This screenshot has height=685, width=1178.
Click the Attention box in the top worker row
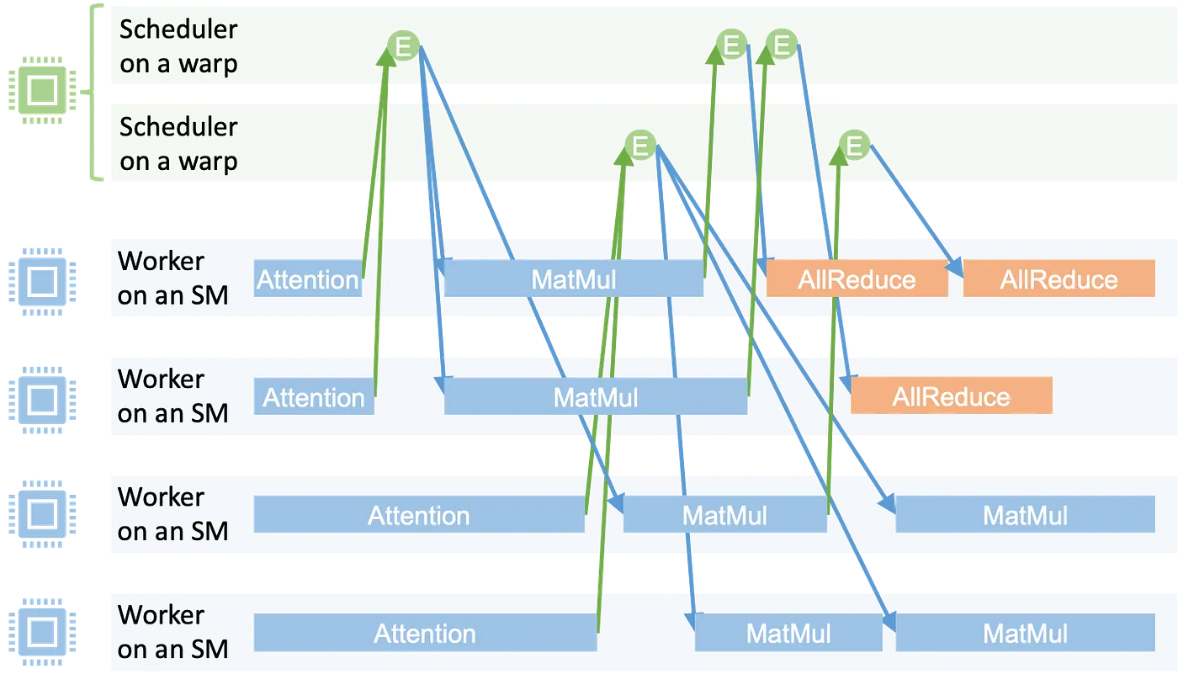pos(308,279)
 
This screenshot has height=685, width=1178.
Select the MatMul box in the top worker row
pos(574,279)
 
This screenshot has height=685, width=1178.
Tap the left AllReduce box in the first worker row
pos(857,279)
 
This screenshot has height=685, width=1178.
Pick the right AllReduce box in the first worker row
pos(1059,279)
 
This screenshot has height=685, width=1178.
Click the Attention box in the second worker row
pos(314,397)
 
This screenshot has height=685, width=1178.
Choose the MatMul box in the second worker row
pos(596,397)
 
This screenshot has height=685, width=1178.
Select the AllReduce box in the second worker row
pos(951,397)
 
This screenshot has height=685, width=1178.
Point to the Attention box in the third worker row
pos(418,515)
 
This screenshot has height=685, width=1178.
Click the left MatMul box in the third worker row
pos(724,515)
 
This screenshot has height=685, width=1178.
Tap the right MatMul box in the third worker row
pos(1025,515)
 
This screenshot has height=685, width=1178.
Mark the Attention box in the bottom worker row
pos(425,633)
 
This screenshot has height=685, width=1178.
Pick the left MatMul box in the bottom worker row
pos(788,633)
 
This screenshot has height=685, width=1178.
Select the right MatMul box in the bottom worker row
pos(1025,633)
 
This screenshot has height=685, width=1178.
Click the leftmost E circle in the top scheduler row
pos(404,46)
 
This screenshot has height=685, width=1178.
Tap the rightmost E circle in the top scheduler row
pos(783,44)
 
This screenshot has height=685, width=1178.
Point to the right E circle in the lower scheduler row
pos(855,146)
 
